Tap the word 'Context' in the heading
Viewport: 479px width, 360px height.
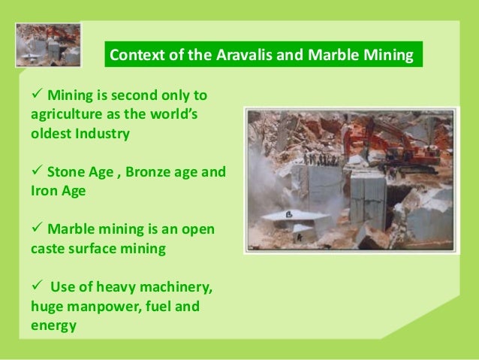(x=136, y=55)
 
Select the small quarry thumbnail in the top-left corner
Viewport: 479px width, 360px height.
(x=47, y=44)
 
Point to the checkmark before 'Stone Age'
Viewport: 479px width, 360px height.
(x=37, y=171)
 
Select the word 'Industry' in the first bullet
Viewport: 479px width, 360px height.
(x=104, y=134)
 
